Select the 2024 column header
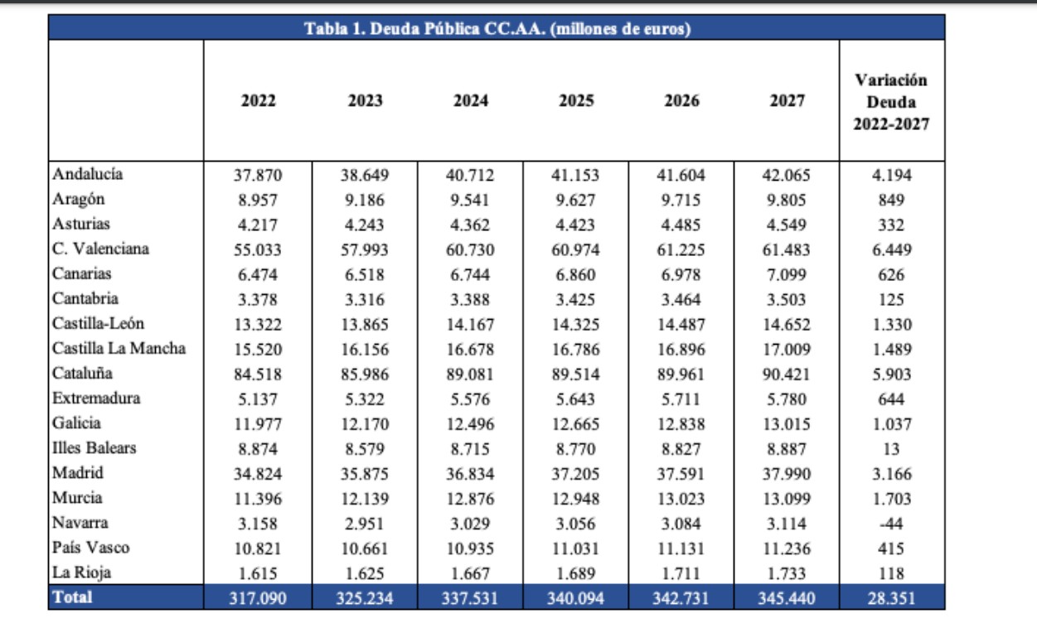click(x=471, y=101)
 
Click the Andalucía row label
click(x=88, y=174)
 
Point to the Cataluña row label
click(x=82, y=374)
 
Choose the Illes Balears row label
click(x=94, y=448)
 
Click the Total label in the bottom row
click(x=72, y=597)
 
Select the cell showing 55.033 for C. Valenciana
click(x=258, y=249)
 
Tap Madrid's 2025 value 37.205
click(x=575, y=474)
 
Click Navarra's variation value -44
click(x=892, y=524)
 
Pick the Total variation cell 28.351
click(x=892, y=597)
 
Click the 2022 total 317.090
click(x=258, y=597)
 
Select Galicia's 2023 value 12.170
click(x=365, y=424)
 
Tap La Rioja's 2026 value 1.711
click(x=681, y=573)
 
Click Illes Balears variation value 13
click(x=892, y=449)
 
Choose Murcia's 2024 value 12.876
click(x=471, y=499)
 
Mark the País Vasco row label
click(x=90, y=548)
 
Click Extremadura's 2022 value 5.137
click(x=258, y=399)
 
